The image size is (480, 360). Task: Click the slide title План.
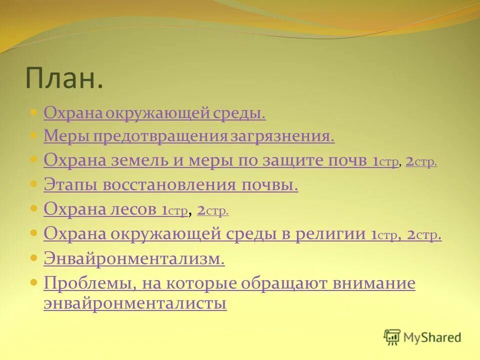click(x=64, y=78)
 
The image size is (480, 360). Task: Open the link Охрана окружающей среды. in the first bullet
click(x=154, y=113)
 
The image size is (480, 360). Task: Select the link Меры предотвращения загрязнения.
click(x=189, y=136)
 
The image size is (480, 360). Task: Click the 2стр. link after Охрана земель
click(x=421, y=161)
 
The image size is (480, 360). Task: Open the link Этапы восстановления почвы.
click(x=170, y=185)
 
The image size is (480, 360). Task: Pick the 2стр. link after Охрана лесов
click(x=213, y=210)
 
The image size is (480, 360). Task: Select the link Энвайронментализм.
click(x=134, y=258)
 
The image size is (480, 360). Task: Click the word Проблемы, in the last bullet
click(x=89, y=283)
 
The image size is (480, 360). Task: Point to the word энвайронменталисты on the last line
click(x=135, y=303)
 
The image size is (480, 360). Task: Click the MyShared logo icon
click(x=392, y=337)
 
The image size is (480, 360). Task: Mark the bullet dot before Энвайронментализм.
click(x=34, y=258)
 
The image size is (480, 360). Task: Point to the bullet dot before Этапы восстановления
click(x=34, y=184)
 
